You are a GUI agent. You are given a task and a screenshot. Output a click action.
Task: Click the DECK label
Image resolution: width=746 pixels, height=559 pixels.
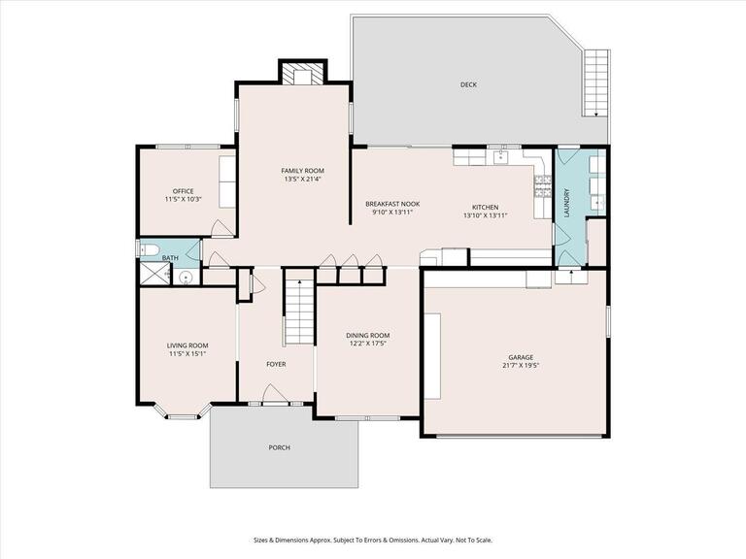tap(469, 84)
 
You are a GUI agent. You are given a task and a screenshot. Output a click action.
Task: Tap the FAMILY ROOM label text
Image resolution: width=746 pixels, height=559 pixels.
tap(302, 170)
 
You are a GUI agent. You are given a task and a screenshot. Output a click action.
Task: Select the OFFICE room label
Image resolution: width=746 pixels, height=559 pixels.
tap(183, 190)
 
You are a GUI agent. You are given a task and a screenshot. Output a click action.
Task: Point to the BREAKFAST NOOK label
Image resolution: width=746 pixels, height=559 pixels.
tap(392, 204)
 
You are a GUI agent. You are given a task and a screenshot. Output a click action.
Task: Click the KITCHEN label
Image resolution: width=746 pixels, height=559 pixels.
tap(485, 207)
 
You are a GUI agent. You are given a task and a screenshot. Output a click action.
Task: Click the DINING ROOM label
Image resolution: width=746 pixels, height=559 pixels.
tap(367, 335)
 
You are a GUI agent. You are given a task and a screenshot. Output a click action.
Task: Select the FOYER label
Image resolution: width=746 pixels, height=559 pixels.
tap(276, 364)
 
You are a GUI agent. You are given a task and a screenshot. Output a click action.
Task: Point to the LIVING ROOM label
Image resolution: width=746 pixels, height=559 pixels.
tap(187, 345)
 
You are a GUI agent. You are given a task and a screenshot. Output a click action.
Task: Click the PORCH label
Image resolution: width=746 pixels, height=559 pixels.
tap(280, 447)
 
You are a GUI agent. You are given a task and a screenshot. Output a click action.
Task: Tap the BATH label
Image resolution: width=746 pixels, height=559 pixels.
tap(169, 258)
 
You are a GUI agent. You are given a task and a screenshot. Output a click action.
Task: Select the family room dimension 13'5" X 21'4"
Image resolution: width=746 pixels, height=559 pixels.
tap(302, 179)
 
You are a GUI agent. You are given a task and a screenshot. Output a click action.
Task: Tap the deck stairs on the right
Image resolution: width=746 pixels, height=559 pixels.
tap(595, 82)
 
